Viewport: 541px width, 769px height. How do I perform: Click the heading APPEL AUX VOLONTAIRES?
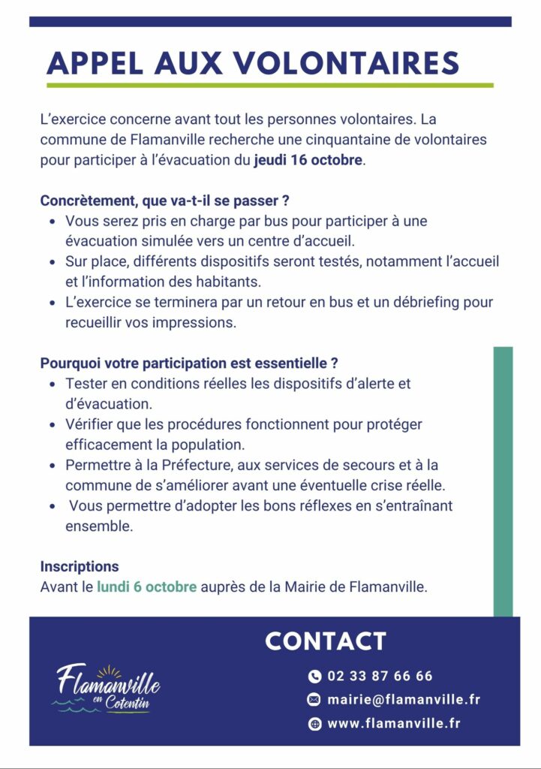[252, 63]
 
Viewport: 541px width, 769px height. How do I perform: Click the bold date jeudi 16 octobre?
[308, 160]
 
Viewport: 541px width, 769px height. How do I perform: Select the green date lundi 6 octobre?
[146, 587]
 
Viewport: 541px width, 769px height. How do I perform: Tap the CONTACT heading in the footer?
[326, 641]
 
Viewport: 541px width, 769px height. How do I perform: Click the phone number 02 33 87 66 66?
[380, 676]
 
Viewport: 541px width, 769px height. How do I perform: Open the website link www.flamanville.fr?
[394, 724]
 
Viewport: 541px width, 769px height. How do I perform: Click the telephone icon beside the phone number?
[314, 677]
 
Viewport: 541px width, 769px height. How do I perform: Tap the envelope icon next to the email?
[314, 700]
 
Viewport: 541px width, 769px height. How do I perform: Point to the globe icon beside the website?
[314, 724]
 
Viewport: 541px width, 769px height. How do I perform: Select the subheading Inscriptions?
[80, 567]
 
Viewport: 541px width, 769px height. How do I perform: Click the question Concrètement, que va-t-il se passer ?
[165, 202]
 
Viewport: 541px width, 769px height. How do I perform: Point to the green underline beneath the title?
[270, 86]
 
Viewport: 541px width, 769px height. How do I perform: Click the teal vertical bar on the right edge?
[503, 481]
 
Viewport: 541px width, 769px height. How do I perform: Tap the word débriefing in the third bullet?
[428, 303]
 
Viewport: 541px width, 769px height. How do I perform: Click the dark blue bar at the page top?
[270, 22]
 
